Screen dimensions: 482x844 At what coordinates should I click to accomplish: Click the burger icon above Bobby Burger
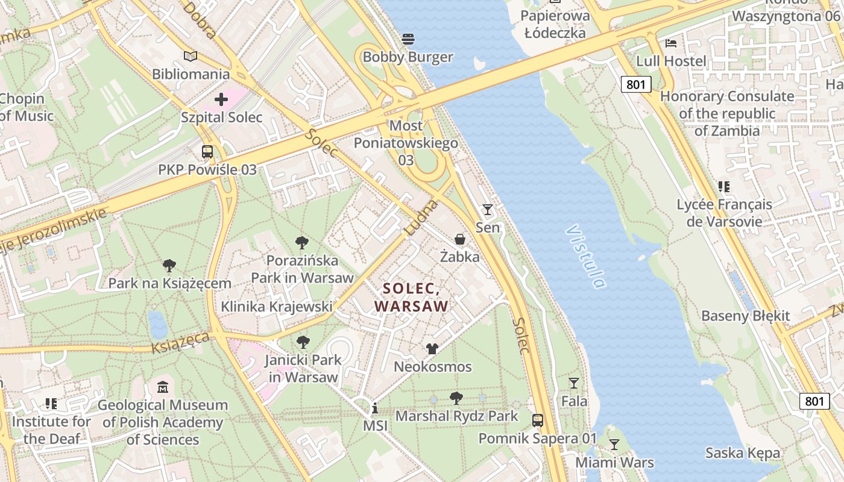coord(408,39)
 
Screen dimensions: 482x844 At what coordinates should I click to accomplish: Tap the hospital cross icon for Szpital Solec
coord(221,99)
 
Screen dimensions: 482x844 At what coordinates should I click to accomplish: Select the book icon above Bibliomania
coord(191,56)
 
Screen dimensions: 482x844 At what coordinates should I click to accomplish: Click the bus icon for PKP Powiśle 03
coord(207,151)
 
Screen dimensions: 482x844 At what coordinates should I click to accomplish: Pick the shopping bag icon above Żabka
coord(460,239)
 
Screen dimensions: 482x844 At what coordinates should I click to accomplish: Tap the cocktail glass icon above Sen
coord(488,210)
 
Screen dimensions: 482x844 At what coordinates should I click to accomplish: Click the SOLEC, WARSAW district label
coord(412,297)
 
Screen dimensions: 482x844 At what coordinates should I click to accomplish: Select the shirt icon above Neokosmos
coord(432,348)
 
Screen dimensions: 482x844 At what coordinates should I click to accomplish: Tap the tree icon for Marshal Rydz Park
coord(456,398)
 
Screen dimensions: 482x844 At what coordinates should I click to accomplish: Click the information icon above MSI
coord(375,408)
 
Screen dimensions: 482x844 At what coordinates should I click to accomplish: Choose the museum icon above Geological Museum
coord(163,387)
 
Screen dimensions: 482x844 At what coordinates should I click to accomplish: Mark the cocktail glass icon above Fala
coord(574,383)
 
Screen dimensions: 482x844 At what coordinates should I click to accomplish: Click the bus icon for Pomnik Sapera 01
coord(538,420)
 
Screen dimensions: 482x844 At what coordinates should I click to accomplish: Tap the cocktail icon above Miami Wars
coord(614,445)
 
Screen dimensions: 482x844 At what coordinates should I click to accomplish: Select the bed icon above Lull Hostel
coord(671,43)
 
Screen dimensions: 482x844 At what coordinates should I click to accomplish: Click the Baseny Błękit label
coord(745,316)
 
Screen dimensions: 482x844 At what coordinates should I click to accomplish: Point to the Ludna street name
coord(420,218)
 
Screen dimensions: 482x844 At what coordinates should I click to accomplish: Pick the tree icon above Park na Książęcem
coord(169,265)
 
